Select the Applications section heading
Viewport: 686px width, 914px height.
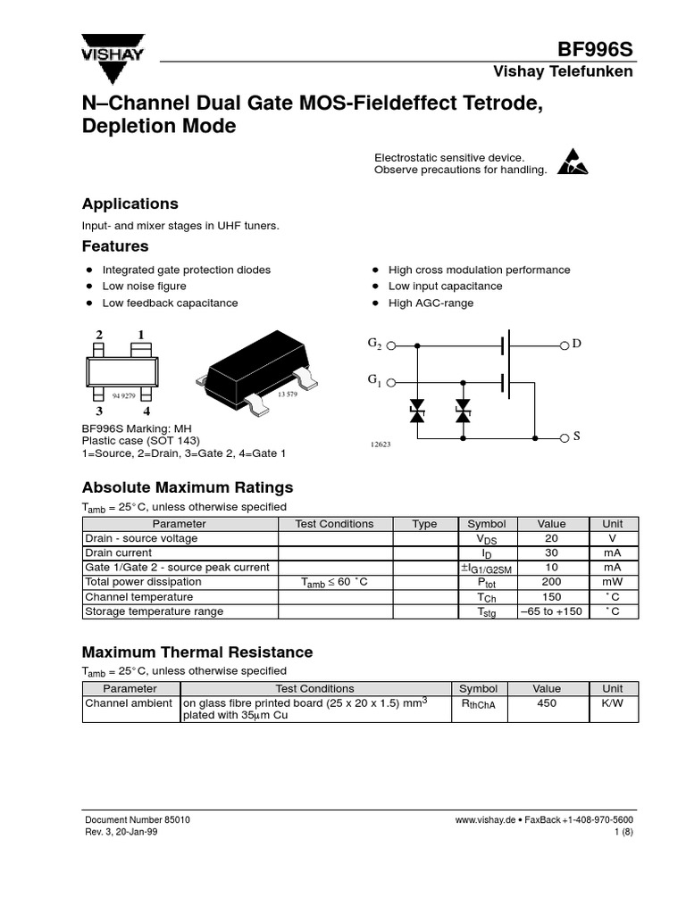click(130, 204)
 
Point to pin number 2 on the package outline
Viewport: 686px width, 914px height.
click(99, 336)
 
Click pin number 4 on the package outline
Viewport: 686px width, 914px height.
click(146, 411)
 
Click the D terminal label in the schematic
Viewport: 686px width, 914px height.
click(576, 345)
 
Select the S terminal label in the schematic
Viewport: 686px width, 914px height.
click(576, 437)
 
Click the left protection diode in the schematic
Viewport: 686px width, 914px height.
click(416, 411)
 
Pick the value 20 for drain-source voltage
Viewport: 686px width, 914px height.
click(550, 539)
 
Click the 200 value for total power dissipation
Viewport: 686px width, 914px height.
click(550, 582)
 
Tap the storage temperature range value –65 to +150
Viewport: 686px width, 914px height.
click(550, 611)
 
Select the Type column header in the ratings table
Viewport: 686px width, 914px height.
click(424, 524)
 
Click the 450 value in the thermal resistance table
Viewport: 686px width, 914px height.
click(547, 703)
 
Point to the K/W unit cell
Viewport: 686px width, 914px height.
click(612, 703)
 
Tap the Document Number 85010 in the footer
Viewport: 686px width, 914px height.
click(137, 819)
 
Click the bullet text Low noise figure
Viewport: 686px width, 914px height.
click(144, 287)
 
